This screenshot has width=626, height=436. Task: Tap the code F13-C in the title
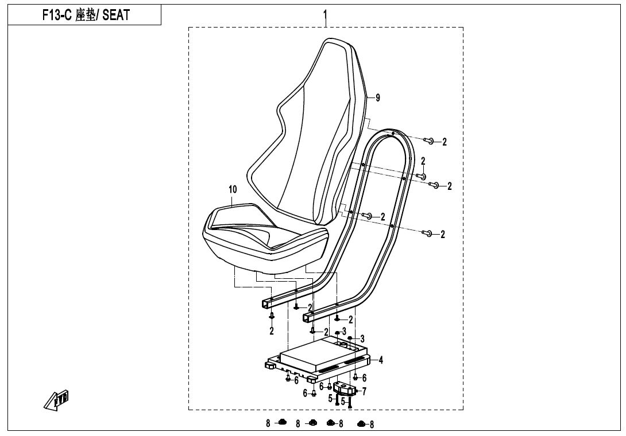pos(57,15)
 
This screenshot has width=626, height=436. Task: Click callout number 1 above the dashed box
pos(325,13)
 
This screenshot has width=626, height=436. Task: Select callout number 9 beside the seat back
pos(377,98)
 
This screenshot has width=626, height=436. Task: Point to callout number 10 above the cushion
pos(232,189)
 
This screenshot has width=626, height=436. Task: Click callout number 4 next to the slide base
pos(381,360)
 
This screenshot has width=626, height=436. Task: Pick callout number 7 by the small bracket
pos(364,391)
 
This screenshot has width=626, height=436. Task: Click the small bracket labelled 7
pos(346,388)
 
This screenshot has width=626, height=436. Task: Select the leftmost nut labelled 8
pos(282,423)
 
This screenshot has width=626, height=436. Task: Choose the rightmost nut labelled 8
pos(361,425)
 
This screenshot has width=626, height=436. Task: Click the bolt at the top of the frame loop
pos(429,141)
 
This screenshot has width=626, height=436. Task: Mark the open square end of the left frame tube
pos(266,303)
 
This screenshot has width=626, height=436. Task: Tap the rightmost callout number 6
pos(364,379)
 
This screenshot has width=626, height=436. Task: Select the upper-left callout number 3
pos(344,331)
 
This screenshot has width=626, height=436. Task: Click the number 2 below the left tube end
pos(272,331)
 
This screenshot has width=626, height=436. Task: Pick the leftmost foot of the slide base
pos(269,364)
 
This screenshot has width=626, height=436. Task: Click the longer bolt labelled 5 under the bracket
pos(350,402)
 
